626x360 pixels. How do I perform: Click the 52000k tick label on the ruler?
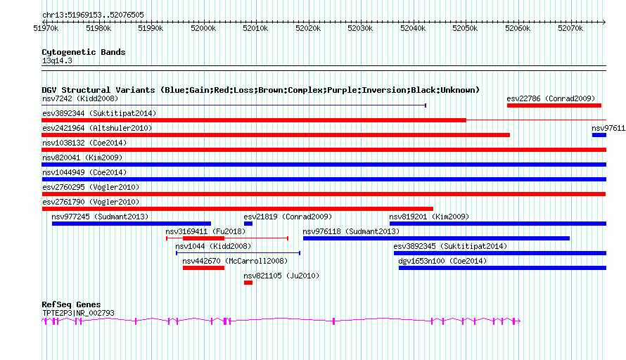coord(203,28)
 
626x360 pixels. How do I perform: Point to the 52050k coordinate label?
coord(465,28)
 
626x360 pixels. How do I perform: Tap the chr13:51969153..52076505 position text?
coord(93,15)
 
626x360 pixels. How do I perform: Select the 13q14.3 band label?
coord(57,60)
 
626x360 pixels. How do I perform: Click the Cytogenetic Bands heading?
coord(84,52)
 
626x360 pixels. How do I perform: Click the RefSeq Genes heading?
coord(71,304)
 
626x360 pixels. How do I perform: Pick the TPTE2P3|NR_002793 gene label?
coord(78,314)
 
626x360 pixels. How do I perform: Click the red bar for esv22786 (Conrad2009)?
coord(554,105)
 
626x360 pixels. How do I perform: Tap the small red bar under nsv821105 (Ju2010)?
coord(248,283)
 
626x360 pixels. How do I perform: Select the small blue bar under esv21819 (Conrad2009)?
coord(248,224)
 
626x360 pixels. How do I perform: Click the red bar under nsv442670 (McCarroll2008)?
coord(203,268)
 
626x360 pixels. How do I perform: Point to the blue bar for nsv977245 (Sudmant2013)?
coord(132,224)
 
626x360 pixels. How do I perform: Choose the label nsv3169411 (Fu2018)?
coord(205,231)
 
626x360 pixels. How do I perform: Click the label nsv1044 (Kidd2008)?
coord(213,246)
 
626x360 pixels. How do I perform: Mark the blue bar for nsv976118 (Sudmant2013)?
coord(436,238)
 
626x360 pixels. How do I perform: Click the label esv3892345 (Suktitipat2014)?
coord(450,246)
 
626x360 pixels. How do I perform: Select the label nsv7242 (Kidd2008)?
coord(80,98)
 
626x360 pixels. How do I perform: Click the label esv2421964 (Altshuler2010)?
coord(97,128)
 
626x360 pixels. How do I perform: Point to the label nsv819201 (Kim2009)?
coord(429,217)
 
